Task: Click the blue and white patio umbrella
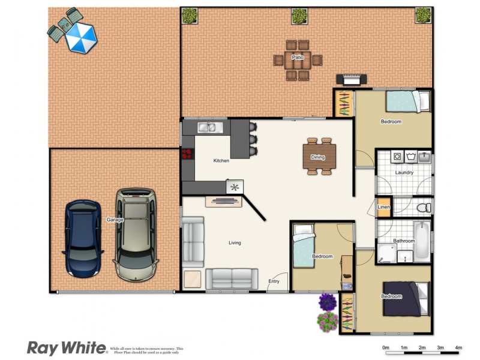[x=80, y=37]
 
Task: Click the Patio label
[x=298, y=58]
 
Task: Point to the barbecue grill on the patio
[x=352, y=80]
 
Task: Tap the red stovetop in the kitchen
[x=185, y=154]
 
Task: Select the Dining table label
[x=318, y=158]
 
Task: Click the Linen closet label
[x=383, y=208]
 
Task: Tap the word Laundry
[x=404, y=173]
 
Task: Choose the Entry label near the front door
[x=274, y=281]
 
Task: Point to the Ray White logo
[x=67, y=348]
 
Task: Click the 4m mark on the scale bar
[x=458, y=348]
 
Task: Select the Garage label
[x=115, y=220]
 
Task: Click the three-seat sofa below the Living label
[x=227, y=279]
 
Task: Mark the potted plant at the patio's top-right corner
[x=424, y=14]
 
